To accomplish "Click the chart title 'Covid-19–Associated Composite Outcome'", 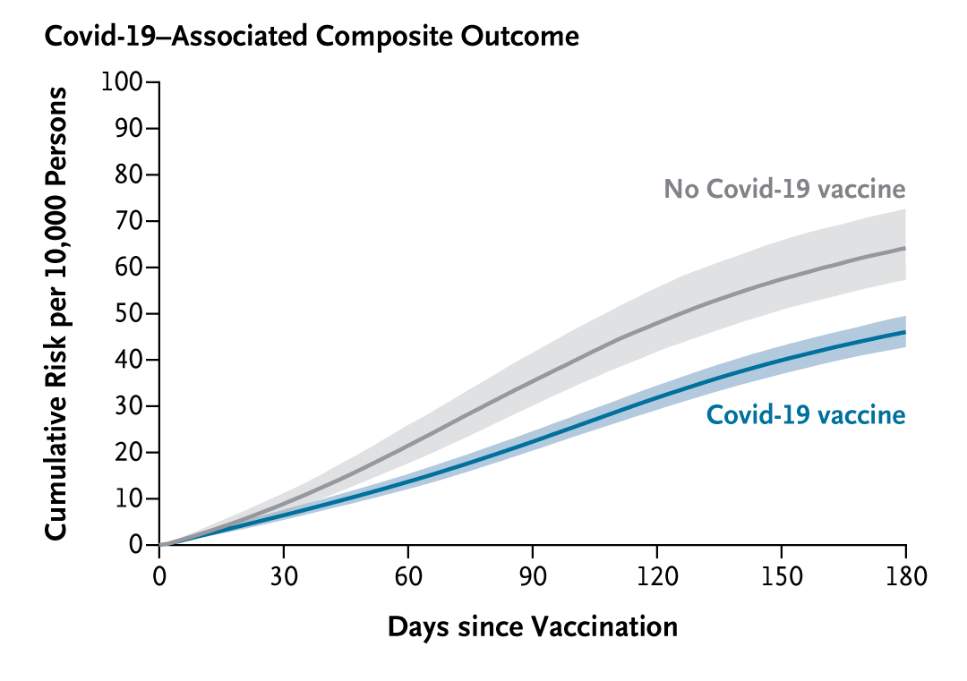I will (x=312, y=37).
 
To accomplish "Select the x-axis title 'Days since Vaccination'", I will (x=532, y=626).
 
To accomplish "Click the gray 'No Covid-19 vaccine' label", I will (x=784, y=189).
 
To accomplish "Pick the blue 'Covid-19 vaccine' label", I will (x=806, y=415).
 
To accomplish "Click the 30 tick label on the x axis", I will (x=284, y=575).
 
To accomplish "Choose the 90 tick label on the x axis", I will (x=533, y=575).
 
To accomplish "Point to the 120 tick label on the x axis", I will (x=657, y=575).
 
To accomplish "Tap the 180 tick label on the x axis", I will (x=905, y=575).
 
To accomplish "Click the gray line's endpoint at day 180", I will (x=905, y=248).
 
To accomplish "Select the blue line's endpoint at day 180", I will (x=905, y=332).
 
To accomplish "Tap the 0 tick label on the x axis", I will (x=159, y=575).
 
